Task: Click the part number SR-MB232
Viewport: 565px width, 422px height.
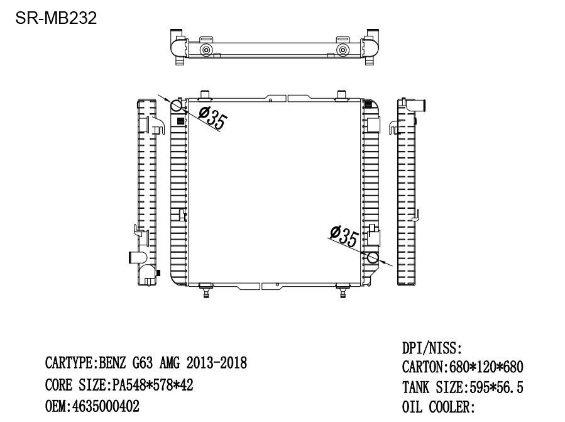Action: click(56, 18)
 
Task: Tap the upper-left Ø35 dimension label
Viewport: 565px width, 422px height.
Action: click(212, 118)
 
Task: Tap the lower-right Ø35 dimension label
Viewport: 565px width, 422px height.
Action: click(344, 237)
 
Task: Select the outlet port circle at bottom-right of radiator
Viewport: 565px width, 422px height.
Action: click(373, 257)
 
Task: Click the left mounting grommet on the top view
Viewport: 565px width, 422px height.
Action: click(206, 50)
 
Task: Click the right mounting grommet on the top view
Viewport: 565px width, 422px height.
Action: click(343, 50)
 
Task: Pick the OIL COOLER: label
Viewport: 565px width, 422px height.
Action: click(438, 408)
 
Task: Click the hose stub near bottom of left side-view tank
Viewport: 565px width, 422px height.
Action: click(136, 257)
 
